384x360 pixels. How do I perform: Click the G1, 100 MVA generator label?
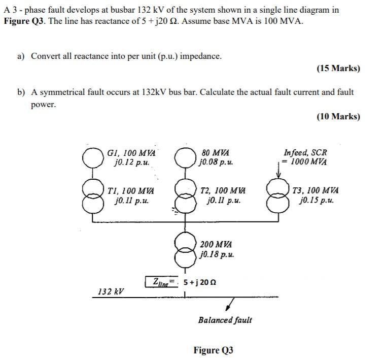131,153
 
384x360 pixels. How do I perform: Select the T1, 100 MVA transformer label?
131,191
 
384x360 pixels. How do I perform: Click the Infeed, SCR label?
305,152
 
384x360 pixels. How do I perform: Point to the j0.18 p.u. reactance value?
217,254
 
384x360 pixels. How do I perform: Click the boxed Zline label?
161,281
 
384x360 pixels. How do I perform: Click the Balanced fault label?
225,320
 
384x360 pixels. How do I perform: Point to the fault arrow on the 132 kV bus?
230,304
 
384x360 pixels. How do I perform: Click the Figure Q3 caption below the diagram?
213,350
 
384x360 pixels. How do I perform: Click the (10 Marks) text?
338,116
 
